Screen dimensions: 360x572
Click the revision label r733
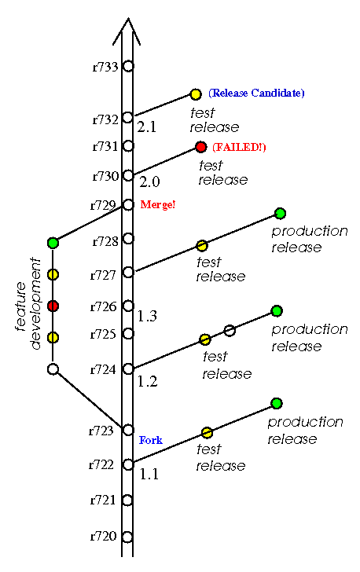(x=105, y=67)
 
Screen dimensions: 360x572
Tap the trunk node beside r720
(x=127, y=537)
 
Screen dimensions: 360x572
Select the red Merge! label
(x=158, y=204)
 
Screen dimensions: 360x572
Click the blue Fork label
(x=151, y=440)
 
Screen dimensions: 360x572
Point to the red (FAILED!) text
(x=239, y=147)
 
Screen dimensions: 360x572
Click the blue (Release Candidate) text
(x=256, y=93)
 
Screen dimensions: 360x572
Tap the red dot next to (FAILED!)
(x=200, y=147)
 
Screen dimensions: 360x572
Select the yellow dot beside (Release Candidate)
(x=196, y=94)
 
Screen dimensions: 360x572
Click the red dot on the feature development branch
(x=53, y=306)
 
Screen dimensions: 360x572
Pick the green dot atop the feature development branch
(x=53, y=243)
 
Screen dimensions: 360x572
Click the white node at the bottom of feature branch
(x=53, y=369)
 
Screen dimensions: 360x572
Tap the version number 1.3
(x=148, y=316)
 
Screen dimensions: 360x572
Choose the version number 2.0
(x=149, y=181)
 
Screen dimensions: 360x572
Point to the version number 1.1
(x=149, y=474)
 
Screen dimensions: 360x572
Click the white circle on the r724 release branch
(x=230, y=331)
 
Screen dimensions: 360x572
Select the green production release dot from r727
(x=280, y=214)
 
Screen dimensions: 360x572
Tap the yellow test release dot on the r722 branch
(x=207, y=433)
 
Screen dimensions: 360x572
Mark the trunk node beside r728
(x=128, y=239)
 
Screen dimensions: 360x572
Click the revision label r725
(x=103, y=334)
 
